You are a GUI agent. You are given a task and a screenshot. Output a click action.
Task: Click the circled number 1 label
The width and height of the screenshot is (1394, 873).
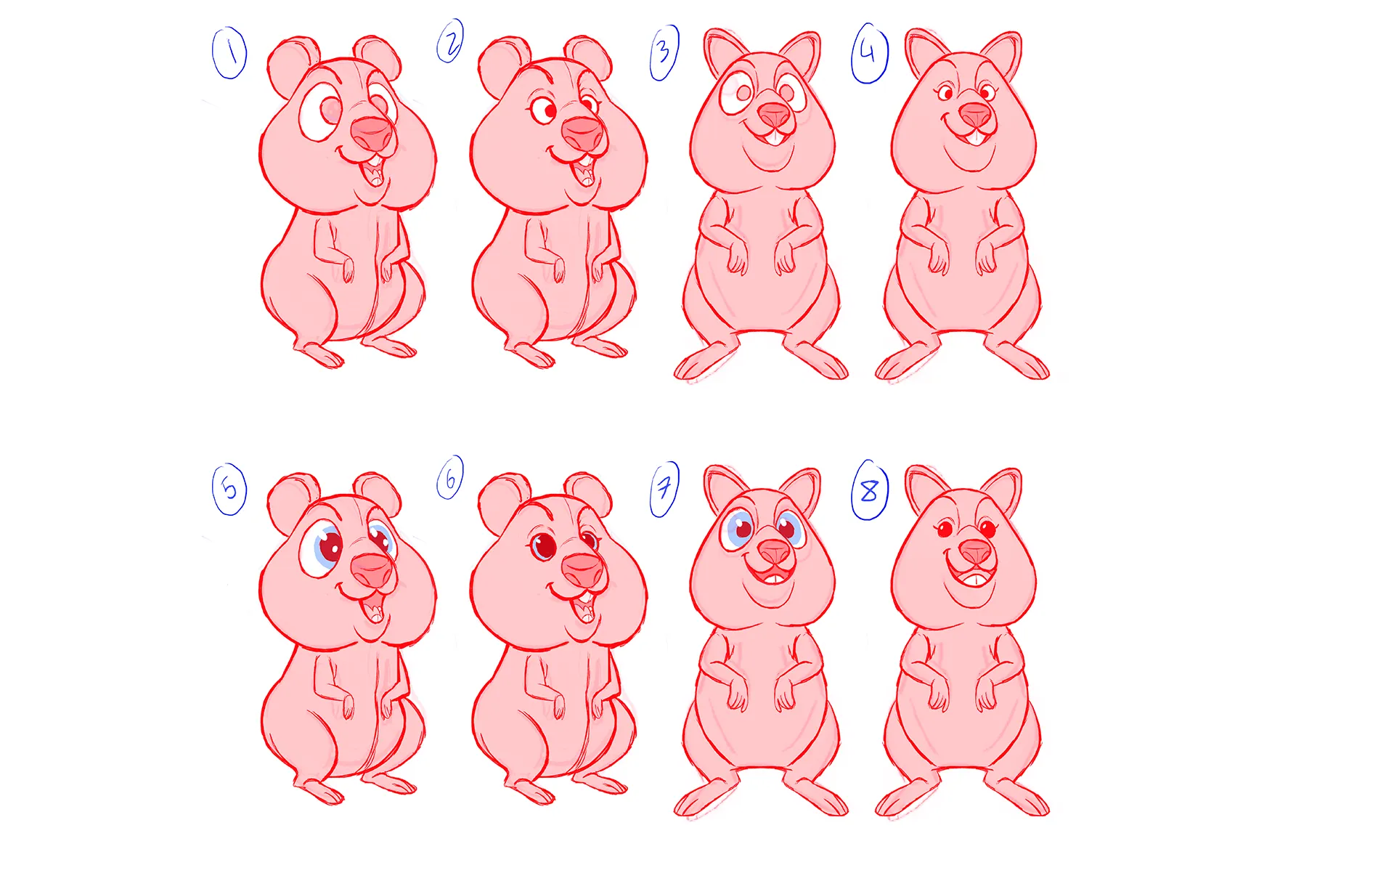pyautogui.click(x=229, y=53)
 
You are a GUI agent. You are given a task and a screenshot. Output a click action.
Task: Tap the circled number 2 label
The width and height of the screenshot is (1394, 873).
pyautogui.click(x=450, y=41)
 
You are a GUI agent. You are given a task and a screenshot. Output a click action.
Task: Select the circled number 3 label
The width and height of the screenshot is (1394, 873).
pyautogui.click(x=664, y=52)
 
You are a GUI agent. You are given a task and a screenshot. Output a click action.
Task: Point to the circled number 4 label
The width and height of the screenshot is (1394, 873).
pyautogui.click(x=870, y=53)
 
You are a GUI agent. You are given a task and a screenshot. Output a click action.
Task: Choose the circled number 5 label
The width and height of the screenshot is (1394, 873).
pyautogui.click(x=229, y=489)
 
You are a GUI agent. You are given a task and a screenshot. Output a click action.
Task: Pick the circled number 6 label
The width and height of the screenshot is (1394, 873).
pyautogui.click(x=450, y=478)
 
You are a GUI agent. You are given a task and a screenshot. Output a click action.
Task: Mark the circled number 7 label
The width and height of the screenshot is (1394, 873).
pyautogui.click(x=664, y=489)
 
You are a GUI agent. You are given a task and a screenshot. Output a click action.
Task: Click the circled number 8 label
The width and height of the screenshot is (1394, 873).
pyautogui.click(x=870, y=490)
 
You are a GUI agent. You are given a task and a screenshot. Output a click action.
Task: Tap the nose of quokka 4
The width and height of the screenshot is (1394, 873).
pyautogui.click(x=974, y=114)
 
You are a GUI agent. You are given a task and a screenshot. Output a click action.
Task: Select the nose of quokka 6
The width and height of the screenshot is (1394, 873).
pyautogui.click(x=583, y=569)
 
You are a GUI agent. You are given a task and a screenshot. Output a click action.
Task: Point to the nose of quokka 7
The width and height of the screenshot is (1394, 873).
pyautogui.click(x=774, y=551)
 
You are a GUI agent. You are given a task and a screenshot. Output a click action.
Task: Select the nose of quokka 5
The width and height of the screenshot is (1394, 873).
pyautogui.click(x=372, y=569)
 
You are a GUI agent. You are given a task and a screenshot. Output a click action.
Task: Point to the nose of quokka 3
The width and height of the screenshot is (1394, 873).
pyautogui.click(x=774, y=114)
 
